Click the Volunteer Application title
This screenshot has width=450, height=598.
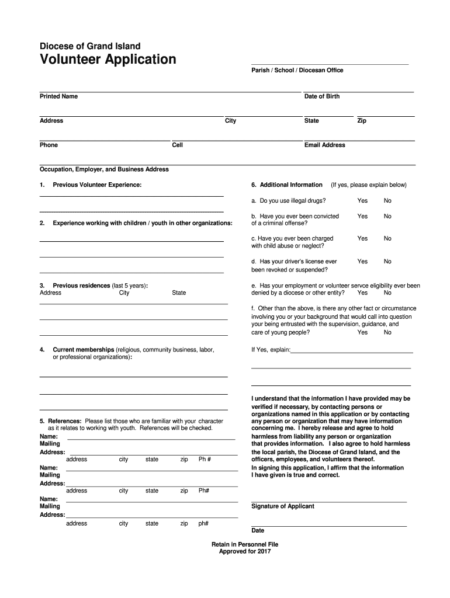click(108, 60)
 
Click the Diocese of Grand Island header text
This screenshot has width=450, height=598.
click(90, 46)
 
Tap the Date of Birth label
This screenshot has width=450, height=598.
click(321, 96)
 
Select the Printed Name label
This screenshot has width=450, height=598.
click(58, 96)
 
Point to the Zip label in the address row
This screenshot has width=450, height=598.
click(362, 121)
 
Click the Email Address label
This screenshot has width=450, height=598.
click(324, 145)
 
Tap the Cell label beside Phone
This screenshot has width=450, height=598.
click(178, 145)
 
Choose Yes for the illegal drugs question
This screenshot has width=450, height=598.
click(362, 201)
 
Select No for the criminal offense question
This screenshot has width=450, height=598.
click(387, 216)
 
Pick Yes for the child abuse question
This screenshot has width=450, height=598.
click(362, 239)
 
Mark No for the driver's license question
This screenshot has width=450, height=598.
click(387, 262)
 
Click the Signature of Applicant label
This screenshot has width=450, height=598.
click(282, 506)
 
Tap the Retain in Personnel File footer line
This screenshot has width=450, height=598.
click(245, 544)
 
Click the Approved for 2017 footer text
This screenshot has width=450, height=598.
click(245, 551)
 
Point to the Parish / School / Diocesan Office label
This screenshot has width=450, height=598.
click(297, 71)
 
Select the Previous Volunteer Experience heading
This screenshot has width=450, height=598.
click(97, 185)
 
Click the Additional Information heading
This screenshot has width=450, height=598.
click(290, 185)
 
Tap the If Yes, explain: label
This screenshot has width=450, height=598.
click(271, 350)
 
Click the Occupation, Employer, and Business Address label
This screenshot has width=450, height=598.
click(104, 169)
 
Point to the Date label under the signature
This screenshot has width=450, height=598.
click(258, 531)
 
